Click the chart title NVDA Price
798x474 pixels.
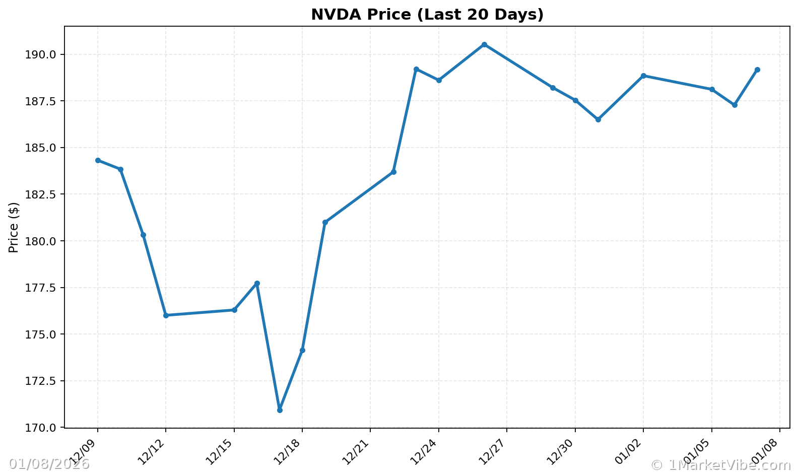point(427,15)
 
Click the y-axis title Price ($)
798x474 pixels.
point(14,227)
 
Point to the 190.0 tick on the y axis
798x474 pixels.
point(46,54)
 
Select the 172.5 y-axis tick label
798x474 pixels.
point(46,381)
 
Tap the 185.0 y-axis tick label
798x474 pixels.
point(46,148)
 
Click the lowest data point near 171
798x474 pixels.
point(280,410)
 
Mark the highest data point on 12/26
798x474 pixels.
point(484,44)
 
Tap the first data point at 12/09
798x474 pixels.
point(98,160)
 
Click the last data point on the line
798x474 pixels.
point(757,70)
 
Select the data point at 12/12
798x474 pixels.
point(166,315)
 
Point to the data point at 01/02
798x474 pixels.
point(643,76)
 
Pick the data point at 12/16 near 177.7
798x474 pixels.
point(257,283)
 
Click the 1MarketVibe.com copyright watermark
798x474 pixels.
point(720,465)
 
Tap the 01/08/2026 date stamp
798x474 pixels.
point(49,464)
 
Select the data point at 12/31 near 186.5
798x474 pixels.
point(598,119)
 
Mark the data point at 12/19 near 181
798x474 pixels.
point(325,222)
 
